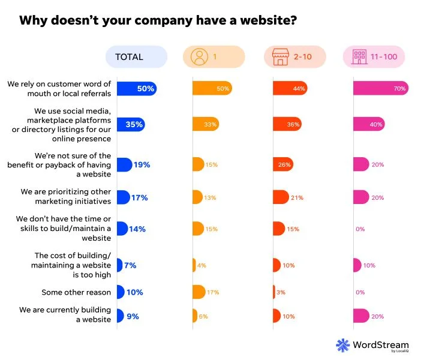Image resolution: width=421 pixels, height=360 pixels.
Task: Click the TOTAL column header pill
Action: pyautogui.click(x=136, y=57)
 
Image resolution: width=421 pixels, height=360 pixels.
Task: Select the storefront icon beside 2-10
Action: pyautogui.click(x=279, y=57)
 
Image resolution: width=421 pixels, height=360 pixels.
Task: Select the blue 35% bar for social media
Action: pyautogui.click(x=130, y=124)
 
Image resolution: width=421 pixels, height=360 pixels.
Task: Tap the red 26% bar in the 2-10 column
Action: pyautogui.click(x=282, y=164)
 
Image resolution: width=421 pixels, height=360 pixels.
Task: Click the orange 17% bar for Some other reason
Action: pyautogui.click(x=199, y=292)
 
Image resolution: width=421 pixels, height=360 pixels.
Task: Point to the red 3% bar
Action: pyautogui.click(x=274, y=292)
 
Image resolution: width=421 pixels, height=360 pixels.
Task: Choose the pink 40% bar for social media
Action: pyautogui.click(x=368, y=124)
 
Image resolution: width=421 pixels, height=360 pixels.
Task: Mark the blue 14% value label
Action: pyautogui.click(x=138, y=229)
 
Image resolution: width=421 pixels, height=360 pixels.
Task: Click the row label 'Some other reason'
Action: pyautogui.click(x=76, y=292)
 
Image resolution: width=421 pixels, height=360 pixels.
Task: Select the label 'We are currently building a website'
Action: pyautogui.click(x=65, y=314)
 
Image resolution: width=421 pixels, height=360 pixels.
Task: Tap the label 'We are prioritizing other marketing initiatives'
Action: pyautogui.click(x=66, y=196)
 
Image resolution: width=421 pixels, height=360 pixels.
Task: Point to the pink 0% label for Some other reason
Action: pyautogui.click(x=360, y=292)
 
